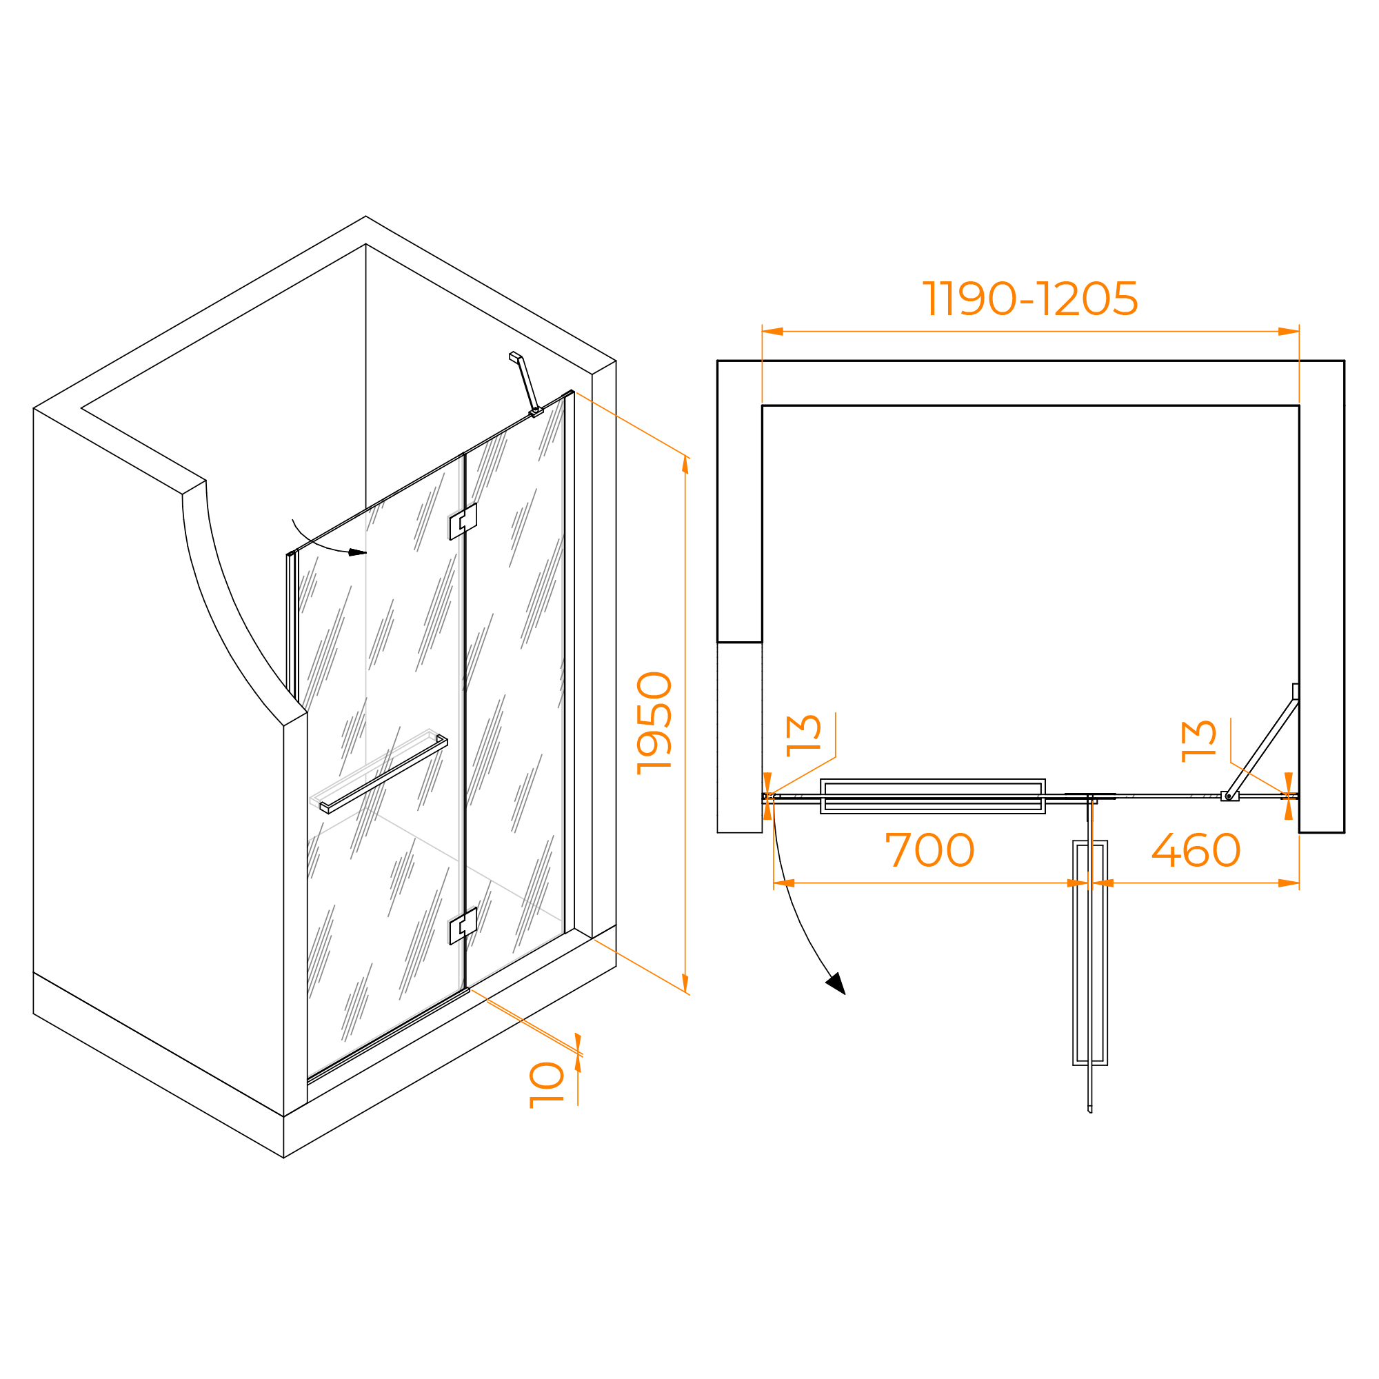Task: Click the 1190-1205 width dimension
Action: (1029, 299)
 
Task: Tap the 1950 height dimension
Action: (654, 723)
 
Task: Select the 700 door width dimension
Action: (929, 850)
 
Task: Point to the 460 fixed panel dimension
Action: (1196, 850)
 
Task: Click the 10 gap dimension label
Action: (547, 1085)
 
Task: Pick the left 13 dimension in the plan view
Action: (803, 735)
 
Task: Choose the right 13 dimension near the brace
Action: (1198, 741)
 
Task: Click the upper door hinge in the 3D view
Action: (463, 521)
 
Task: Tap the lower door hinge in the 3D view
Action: (463, 926)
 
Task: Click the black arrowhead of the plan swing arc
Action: (836, 983)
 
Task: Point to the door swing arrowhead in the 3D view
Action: (357, 552)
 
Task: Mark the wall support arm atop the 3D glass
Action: (526, 384)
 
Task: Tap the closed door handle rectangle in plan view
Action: (933, 796)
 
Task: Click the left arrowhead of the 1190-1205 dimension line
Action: (773, 331)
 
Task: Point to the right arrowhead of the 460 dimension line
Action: (1289, 883)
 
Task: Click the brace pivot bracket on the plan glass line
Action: (1230, 796)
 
